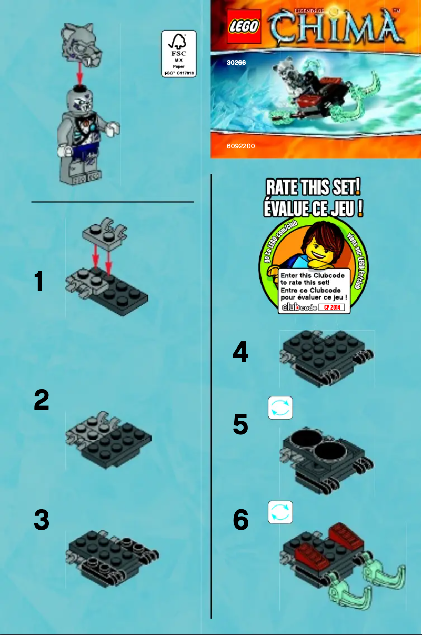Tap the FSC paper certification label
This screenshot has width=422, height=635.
(x=178, y=54)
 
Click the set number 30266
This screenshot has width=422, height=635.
(x=236, y=63)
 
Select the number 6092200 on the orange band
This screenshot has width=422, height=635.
(x=240, y=146)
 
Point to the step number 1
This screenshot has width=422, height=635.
(x=39, y=282)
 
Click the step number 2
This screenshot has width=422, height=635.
(x=42, y=400)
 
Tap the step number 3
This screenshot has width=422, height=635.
(x=42, y=520)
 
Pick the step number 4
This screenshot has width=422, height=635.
(x=240, y=351)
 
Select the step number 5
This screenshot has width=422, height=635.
(x=240, y=424)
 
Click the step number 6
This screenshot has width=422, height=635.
(x=240, y=520)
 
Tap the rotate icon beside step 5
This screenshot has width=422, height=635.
(x=280, y=408)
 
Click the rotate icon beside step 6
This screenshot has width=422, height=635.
(x=280, y=512)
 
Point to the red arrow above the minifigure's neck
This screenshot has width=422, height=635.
(x=80, y=74)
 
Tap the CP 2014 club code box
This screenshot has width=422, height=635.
(x=334, y=307)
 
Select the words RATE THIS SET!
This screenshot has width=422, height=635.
(x=314, y=187)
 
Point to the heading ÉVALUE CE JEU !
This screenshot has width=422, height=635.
(x=314, y=208)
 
